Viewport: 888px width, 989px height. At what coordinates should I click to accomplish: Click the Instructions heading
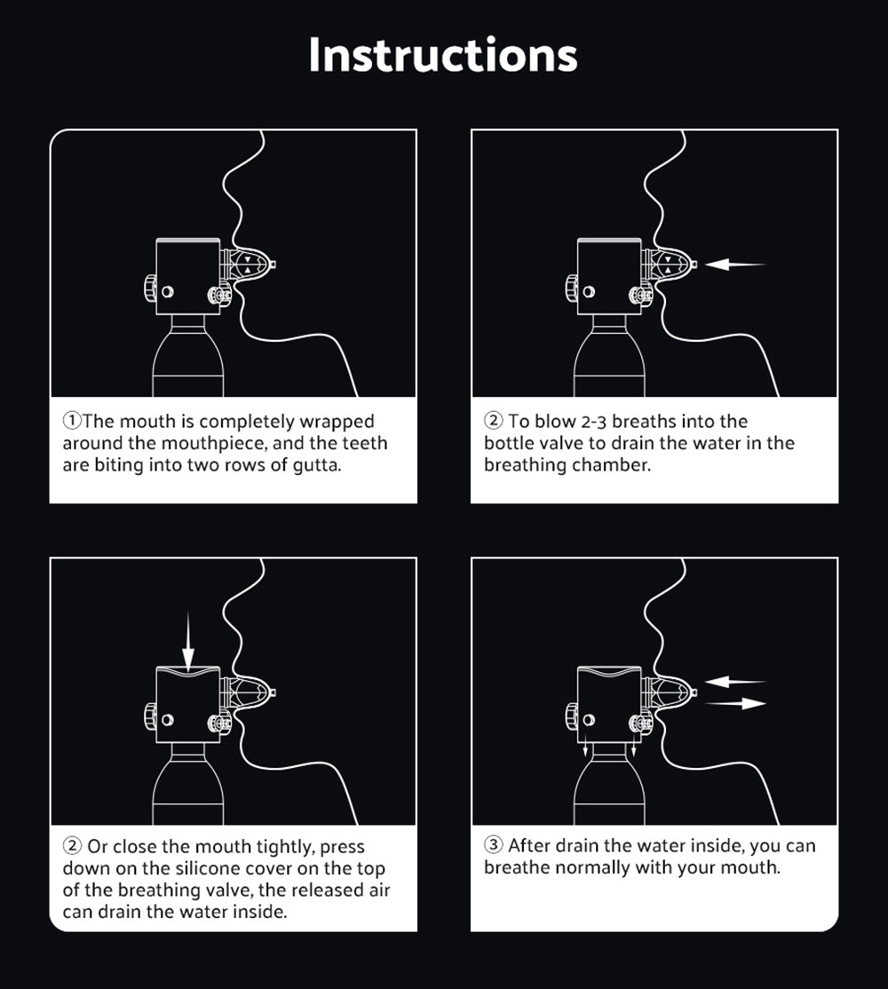coord(443,55)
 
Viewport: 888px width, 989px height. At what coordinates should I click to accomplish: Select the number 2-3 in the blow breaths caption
coord(593,422)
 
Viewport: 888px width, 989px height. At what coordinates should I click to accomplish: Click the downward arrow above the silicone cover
coord(188,639)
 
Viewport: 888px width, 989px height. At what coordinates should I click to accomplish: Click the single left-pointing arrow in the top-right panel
coord(734,265)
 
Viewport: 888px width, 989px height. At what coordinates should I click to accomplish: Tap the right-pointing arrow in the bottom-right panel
coord(735,703)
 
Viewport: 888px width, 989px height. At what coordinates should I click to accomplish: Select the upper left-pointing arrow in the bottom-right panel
coord(734,682)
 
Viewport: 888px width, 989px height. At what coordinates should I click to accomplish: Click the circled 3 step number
coord(493,845)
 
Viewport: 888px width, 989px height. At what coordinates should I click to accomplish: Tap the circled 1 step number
coord(72,421)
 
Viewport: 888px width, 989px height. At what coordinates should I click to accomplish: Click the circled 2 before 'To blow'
coord(493,421)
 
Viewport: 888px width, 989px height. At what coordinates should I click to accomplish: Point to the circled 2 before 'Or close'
coord(72,846)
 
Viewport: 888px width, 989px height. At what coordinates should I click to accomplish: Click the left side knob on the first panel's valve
coord(150,289)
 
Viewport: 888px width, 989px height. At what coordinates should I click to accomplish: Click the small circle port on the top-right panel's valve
coord(589,292)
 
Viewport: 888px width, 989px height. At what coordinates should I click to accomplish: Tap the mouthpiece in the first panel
coord(247,265)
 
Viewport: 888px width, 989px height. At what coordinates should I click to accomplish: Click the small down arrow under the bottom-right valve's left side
coord(585,745)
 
